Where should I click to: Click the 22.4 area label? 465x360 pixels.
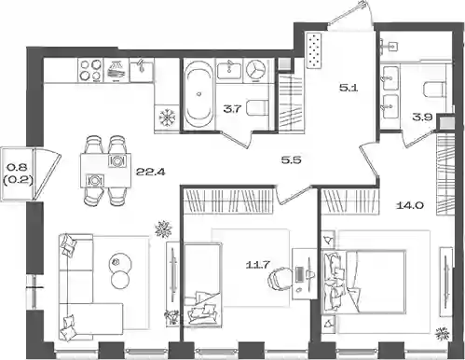(x=151, y=172)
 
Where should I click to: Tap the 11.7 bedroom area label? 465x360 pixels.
(x=257, y=265)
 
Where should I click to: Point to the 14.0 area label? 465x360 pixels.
(x=410, y=205)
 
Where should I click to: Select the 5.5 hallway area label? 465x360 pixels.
(x=291, y=160)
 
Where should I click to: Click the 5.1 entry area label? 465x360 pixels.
(x=349, y=88)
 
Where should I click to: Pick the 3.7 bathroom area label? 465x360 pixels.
(x=232, y=109)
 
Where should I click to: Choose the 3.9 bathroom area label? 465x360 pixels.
(x=422, y=118)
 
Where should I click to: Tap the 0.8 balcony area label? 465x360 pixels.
(x=18, y=168)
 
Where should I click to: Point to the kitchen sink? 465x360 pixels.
(x=142, y=70)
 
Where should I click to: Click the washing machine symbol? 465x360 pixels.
(x=256, y=71)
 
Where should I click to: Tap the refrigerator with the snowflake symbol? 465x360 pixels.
(x=167, y=117)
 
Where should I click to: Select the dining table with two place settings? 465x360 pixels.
(x=105, y=171)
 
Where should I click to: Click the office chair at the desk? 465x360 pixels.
(x=280, y=279)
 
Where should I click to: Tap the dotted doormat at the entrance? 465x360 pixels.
(x=314, y=50)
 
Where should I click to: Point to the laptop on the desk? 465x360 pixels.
(x=301, y=274)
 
